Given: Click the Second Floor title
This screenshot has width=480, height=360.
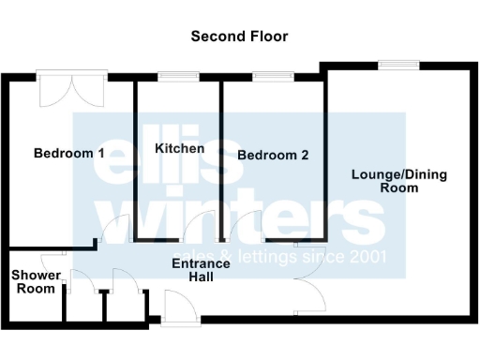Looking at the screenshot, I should (x=239, y=37).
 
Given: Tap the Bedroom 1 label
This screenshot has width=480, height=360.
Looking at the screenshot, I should (x=68, y=153).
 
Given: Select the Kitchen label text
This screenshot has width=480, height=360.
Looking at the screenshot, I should (x=179, y=149).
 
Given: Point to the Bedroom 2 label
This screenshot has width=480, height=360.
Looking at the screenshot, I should (x=273, y=156).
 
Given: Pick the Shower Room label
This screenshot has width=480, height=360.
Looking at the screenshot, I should (x=36, y=282).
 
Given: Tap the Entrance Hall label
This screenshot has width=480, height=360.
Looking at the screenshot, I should (x=201, y=270).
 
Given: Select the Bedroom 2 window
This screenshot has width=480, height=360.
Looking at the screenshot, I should (x=272, y=76).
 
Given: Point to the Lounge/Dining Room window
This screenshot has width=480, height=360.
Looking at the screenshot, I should (x=398, y=65).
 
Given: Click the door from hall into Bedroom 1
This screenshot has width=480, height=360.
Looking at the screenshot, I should (x=114, y=230).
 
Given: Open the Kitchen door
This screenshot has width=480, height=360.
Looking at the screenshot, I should (x=199, y=228).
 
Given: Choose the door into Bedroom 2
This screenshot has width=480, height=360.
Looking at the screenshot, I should (x=248, y=228).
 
